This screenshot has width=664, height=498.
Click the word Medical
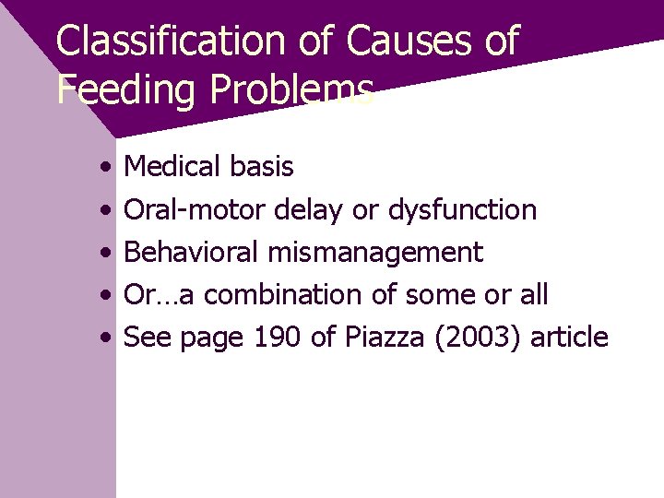tap(172, 167)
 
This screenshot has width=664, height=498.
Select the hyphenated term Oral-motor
tap(196, 210)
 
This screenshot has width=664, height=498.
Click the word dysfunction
tap(462, 210)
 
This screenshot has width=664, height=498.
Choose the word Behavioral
tap(192, 253)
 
